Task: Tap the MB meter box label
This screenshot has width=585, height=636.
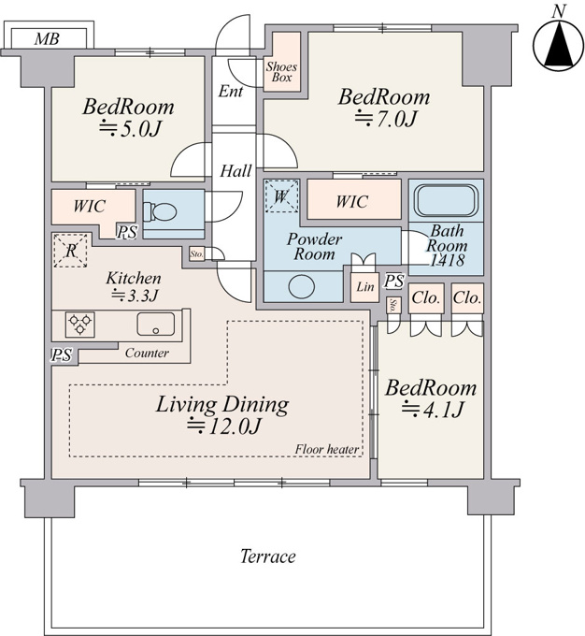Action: click(x=47, y=39)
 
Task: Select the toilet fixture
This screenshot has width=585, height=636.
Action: click(x=161, y=210)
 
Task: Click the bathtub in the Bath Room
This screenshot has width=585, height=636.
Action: click(x=446, y=201)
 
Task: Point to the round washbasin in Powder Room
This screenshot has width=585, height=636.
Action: click(x=302, y=286)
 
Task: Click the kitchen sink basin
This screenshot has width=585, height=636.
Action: click(x=156, y=325)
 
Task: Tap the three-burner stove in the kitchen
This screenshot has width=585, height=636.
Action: click(x=79, y=325)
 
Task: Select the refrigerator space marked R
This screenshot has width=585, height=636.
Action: click(x=70, y=251)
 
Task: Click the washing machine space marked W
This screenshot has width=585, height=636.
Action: click(x=281, y=196)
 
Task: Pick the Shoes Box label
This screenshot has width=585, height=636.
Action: click(x=281, y=72)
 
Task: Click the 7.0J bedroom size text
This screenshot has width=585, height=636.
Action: click(x=386, y=119)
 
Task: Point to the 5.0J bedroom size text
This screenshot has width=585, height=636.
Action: click(x=131, y=129)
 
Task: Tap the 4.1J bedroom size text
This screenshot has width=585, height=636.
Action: click(x=432, y=409)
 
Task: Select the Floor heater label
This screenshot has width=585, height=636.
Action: click(x=326, y=450)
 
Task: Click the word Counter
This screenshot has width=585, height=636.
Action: click(x=147, y=353)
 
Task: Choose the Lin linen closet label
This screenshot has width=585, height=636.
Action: click(x=364, y=287)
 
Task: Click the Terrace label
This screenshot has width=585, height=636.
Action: click(x=268, y=556)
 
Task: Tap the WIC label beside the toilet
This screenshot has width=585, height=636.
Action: click(x=89, y=206)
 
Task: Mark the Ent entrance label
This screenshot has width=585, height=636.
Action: click(x=231, y=92)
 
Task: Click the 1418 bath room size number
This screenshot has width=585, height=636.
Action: click(x=447, y=260)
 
